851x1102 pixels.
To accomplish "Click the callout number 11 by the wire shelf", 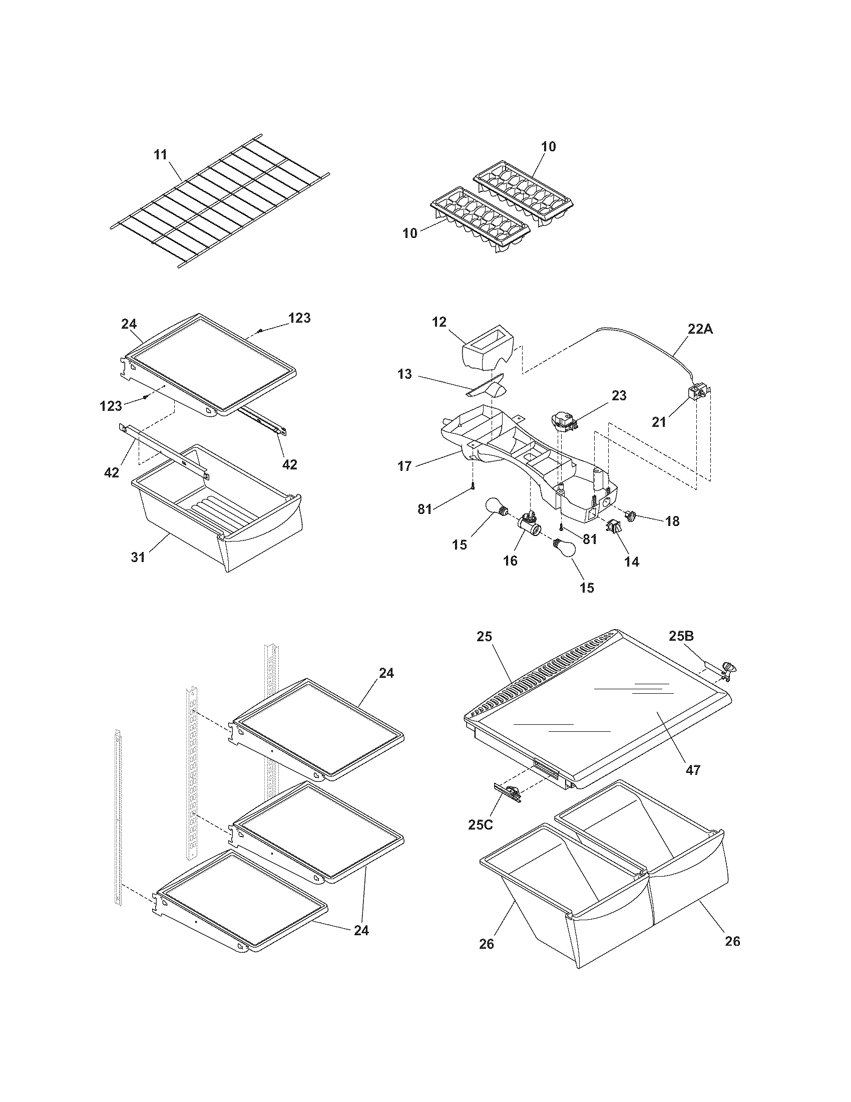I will pos(160,154).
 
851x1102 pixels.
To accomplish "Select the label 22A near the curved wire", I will pos(700,329).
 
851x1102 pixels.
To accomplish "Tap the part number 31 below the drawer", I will pos(138,557).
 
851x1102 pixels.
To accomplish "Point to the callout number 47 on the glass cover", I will pos(693,770).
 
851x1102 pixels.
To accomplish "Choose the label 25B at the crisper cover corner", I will pos(681,636).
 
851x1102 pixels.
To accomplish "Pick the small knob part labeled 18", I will pos(630,515).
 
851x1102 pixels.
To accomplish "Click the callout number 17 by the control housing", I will pos(405,466).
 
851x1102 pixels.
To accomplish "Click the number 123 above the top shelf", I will pos(299,318).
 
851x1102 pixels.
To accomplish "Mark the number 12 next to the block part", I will pos(439,322).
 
